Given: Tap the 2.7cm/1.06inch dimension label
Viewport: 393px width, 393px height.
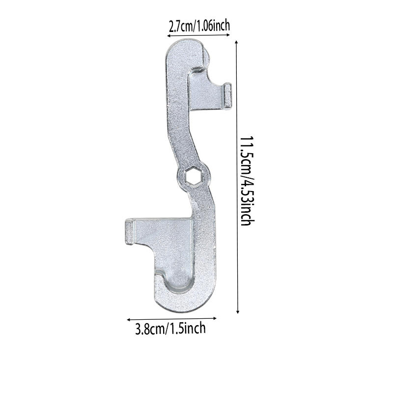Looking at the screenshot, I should tap(199, 26).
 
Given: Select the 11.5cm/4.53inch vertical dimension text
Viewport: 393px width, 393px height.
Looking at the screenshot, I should tap(246, 181).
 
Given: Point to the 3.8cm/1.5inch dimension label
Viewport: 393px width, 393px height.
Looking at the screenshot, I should tap(170, 328).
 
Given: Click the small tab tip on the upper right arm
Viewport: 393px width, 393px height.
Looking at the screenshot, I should tap(228, 95).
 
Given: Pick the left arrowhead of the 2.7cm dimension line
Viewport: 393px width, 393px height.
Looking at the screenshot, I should tap(166, 36).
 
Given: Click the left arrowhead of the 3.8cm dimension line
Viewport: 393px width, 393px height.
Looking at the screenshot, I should tap(129, 318).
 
